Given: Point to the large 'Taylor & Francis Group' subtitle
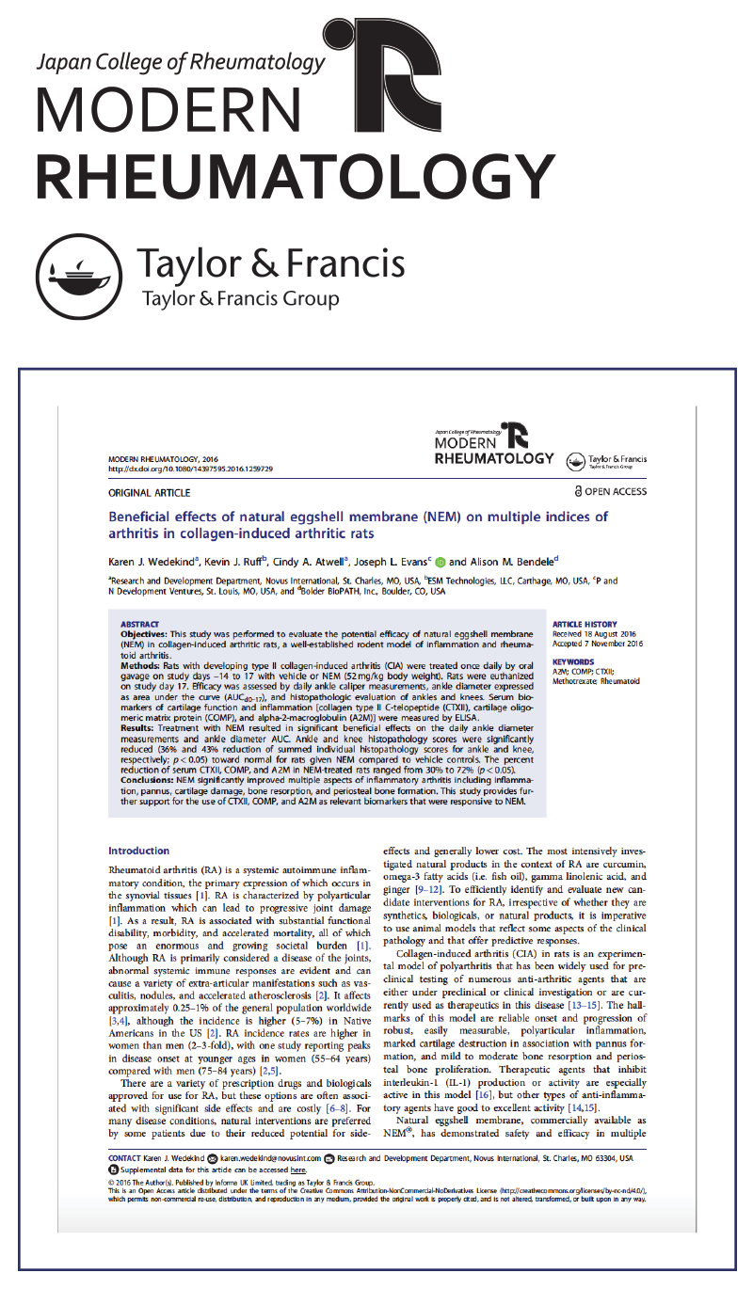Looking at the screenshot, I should (240, 300).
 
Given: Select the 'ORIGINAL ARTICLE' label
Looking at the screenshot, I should (150, 493).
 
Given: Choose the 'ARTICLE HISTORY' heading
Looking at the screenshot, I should (585, 624).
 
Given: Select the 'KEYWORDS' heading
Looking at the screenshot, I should (573, 661).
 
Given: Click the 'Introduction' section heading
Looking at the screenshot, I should (138, 851).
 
